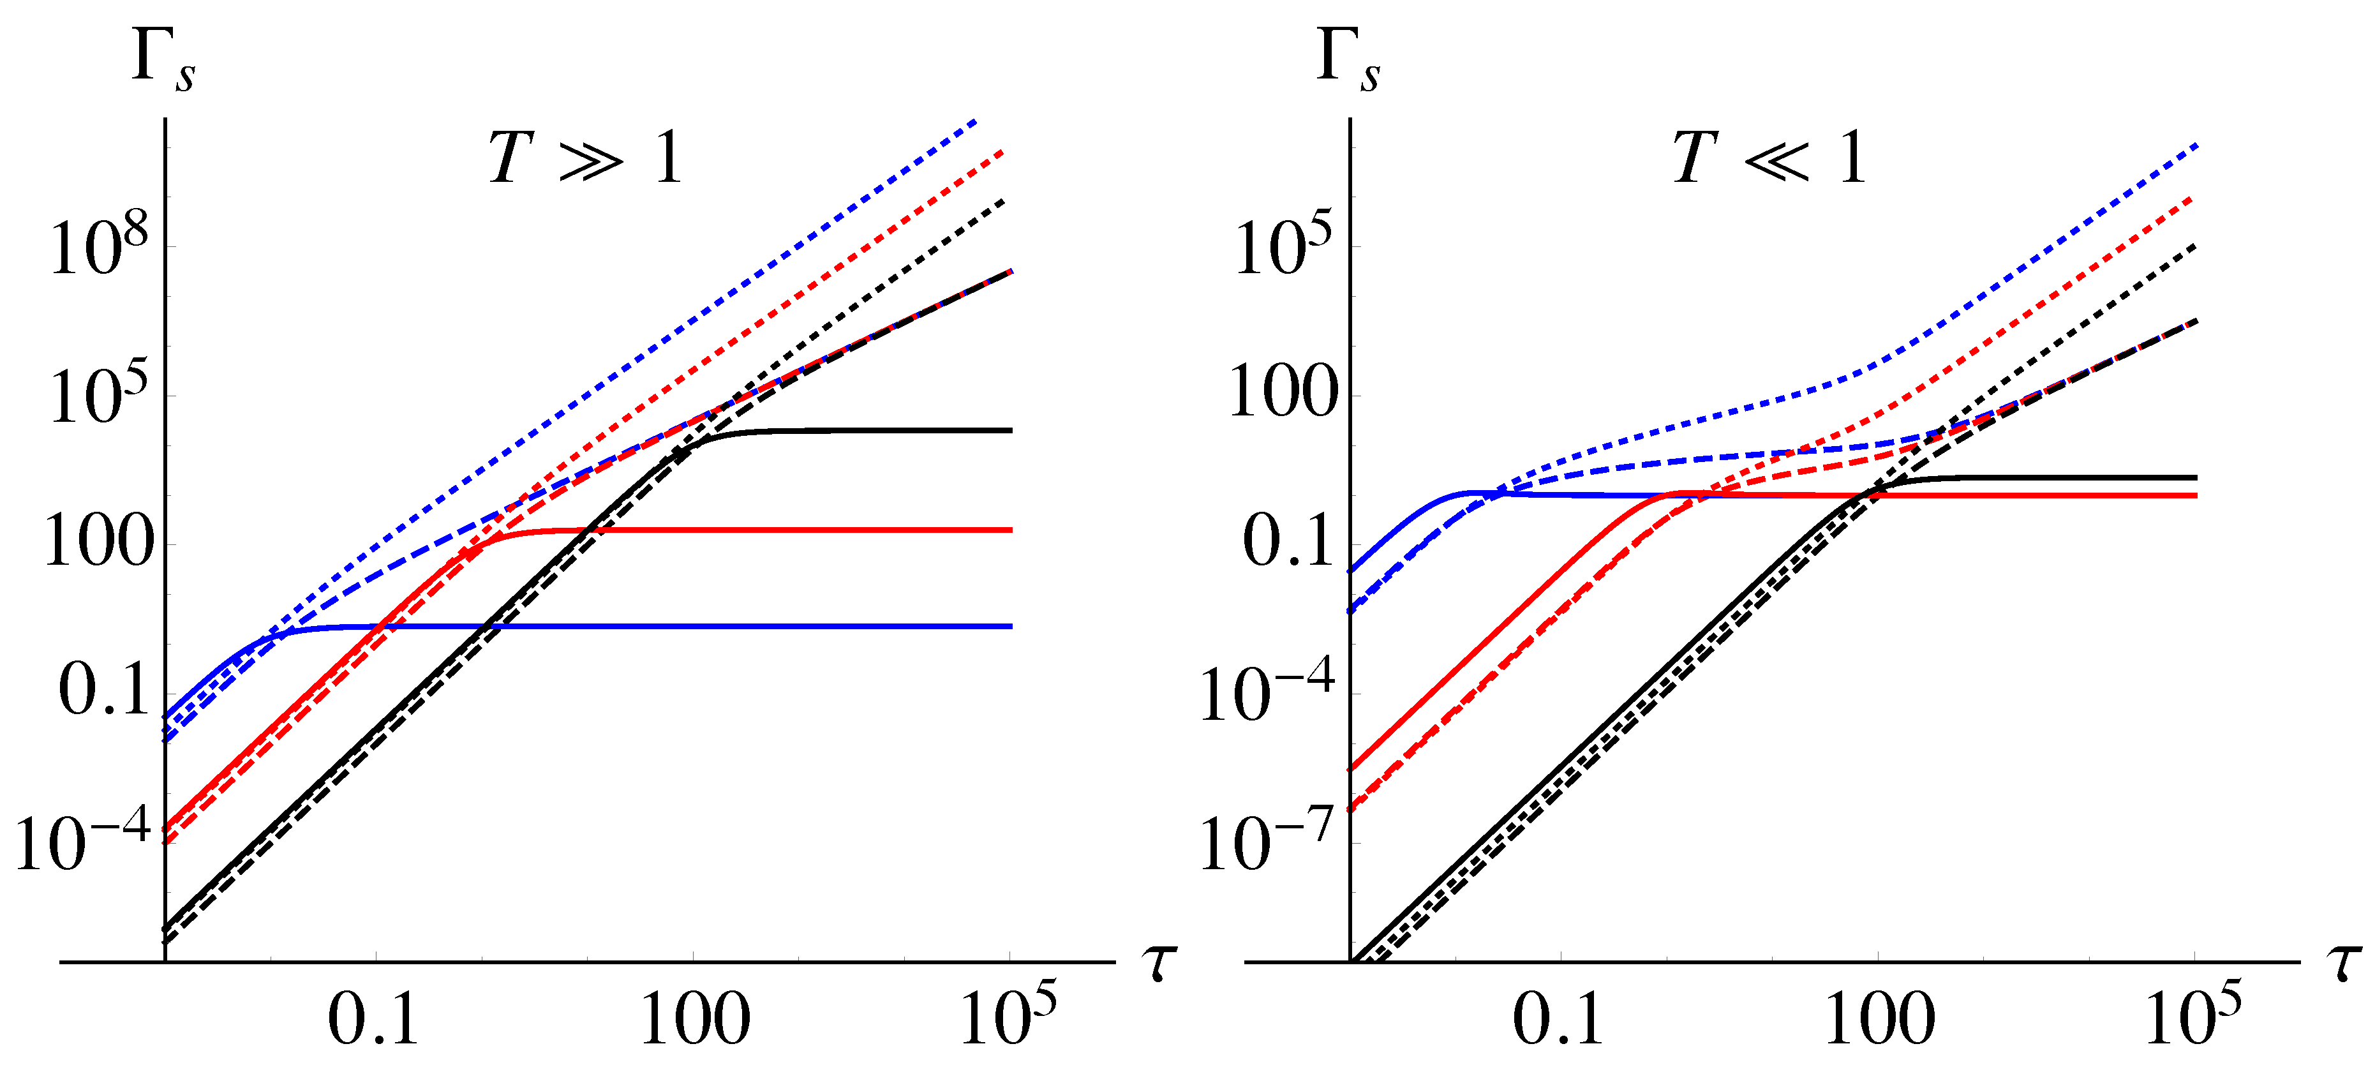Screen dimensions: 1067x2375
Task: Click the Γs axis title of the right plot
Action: pyautogui.click(x=1348, y=62)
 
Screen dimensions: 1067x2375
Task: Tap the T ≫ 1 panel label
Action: pyautogui.click(x=585, y=159)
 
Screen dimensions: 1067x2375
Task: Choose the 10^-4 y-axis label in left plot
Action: pyautogui.click(x=83, y=841)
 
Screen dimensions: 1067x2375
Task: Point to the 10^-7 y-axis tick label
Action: pyautogui.click(x=1268, y=841)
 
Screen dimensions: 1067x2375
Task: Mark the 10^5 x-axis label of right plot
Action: pyautogui.click(x=2194, y=1015)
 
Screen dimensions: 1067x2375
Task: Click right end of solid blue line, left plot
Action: pyautogui.click(x=1011, y=626)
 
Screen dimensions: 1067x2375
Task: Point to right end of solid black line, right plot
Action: pyautogui.click(x=2195, y=478)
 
